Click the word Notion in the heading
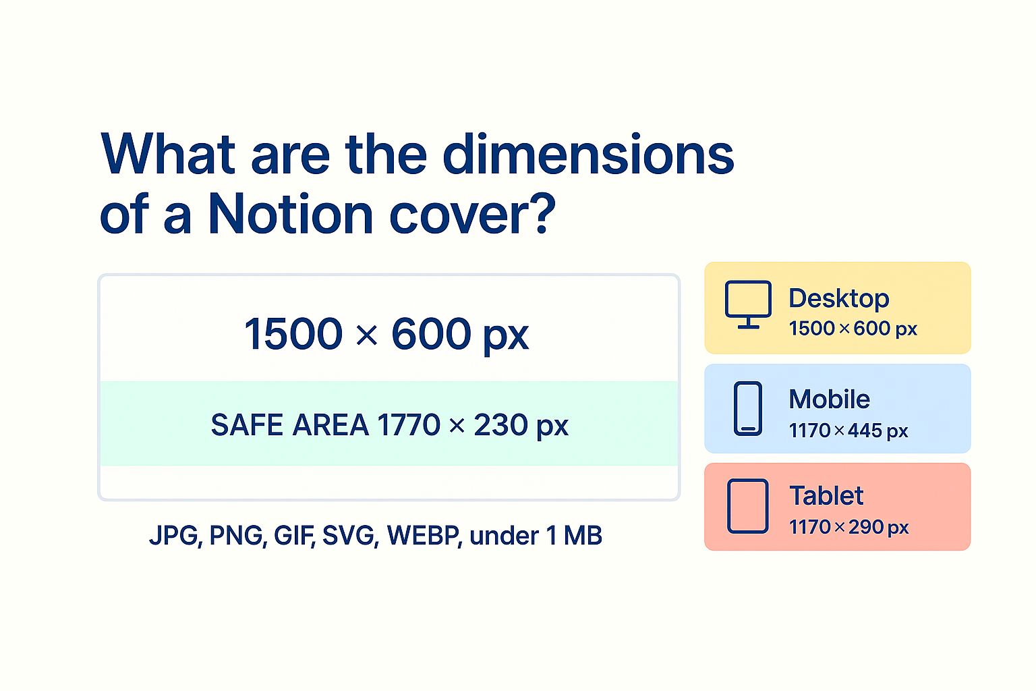coord(291,215)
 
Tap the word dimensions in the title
coord(588,154)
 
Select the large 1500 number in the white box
coord(293,333)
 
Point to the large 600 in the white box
coord(431,333)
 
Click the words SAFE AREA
coord(289,425)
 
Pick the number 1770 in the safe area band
coord(409,425)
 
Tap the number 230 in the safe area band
coord(500,425)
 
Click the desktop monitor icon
coord(748,304)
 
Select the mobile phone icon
coord(748,409)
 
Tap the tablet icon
coord(748,506)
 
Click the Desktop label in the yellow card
coord(838,299)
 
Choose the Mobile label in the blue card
coord(829,399)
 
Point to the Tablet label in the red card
coord(826,496)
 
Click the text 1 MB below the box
coord(573,536)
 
